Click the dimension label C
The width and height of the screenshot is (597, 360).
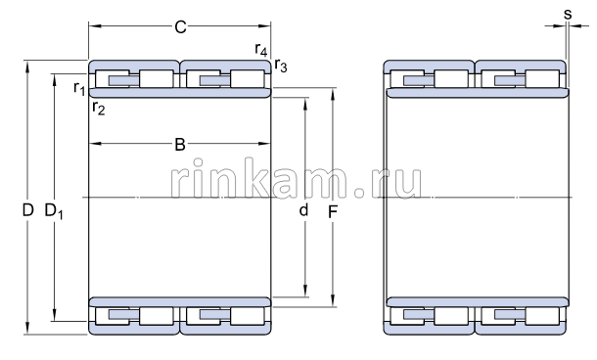[x=180, y=27]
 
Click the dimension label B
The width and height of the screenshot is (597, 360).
[x=180, y=145]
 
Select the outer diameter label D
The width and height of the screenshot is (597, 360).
[x=27, y=210]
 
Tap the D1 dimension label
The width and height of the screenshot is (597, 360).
[x=54, y=211]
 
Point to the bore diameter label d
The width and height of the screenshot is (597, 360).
[x=303, y=210]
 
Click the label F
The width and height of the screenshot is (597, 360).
[x=333, y=212]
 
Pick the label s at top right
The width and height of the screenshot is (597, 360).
[x=568, y=15]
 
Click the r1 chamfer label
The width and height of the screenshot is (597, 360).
[x=79, y=89]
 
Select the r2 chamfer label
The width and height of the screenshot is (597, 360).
[x=98, y=109]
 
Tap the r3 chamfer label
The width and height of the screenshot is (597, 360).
[x=281, y=66]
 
